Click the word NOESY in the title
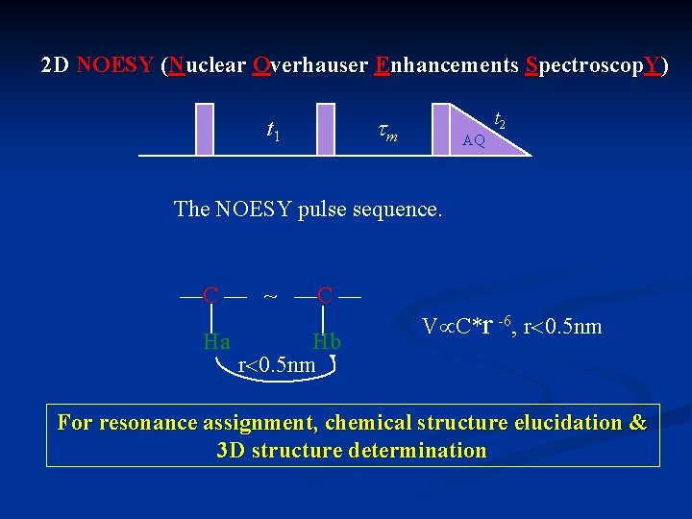[114, 66]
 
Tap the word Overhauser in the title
[309, 66]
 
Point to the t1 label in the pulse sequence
[273, 130]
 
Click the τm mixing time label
[386, 133]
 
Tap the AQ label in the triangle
[474, 140]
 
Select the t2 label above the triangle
[501, 119]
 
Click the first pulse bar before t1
[205, 128]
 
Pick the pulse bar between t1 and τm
[326, 128]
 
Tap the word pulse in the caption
[329, 209]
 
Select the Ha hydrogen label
[216, 341]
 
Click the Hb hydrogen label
[327, 341]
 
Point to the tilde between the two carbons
[271, 294]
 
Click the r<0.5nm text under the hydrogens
[276, 365]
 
